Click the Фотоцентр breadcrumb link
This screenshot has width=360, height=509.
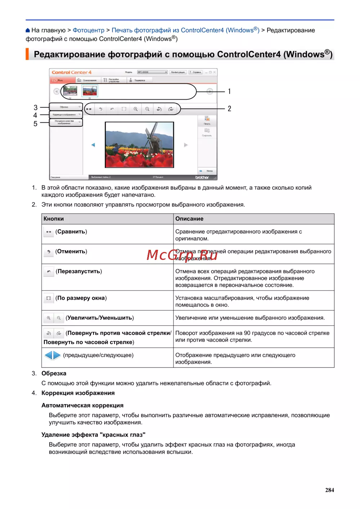coord(88,30)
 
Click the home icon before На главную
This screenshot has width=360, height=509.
coord(28,30)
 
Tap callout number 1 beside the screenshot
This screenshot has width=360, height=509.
coord(229,91)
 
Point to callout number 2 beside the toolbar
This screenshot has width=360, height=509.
coord(229,109)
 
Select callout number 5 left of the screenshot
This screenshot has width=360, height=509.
coord(35,124)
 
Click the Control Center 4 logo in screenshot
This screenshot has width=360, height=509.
coord(72,72)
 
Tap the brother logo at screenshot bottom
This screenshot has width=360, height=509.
coord(202,177)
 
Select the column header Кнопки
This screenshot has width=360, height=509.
coord(54,219)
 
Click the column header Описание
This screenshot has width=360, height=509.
coord(189,219)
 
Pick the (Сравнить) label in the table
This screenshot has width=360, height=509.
coord(71,231)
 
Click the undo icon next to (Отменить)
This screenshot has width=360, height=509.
coord(49,252)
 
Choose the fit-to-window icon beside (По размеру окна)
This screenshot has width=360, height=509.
coord(49,298)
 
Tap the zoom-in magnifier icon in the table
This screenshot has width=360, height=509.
coord(49,318)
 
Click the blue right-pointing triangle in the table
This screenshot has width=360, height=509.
coord(57,355)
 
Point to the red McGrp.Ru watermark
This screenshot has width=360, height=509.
coord(182,255)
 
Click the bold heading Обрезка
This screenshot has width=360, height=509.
coord(54,373)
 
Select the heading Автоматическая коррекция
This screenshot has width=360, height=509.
coord(82,405)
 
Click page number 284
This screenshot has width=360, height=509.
coord(329,490)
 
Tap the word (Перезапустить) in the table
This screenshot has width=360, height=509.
coord(79,271)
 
